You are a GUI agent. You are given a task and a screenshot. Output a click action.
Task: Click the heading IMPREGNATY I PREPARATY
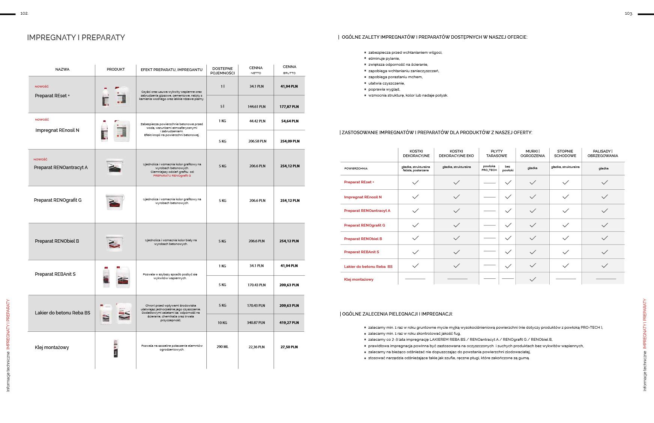click(x=76, y=38)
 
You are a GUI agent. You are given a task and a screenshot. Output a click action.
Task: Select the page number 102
click(x=24, y=14)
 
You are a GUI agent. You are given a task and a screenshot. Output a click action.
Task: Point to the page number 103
click(x=628, y=14)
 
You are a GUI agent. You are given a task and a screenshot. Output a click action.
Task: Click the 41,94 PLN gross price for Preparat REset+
click(x=289, y=86)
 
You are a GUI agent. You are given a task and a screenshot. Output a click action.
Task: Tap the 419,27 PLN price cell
click(x=289, y=323)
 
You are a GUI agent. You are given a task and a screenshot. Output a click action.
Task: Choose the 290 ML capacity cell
click(x=223, y=347)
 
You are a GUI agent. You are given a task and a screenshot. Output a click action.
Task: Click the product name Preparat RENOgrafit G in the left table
click(x=58, y=200)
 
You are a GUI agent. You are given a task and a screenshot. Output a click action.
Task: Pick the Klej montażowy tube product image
click(x=116, y=348)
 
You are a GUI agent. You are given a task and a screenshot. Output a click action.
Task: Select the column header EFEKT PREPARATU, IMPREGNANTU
click(x=171, y=69)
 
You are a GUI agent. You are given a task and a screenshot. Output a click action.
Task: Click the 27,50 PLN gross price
click(x=289, y=347)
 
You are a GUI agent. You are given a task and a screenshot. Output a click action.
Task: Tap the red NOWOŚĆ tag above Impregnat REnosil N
click(x=42, y=119)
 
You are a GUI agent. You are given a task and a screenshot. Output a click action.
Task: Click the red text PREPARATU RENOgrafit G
click(x=172, y=175)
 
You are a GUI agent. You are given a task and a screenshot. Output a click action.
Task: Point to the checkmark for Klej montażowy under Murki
click(x=532, y=279)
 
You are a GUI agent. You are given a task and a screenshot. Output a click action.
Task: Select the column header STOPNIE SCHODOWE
click(x=565, y=153)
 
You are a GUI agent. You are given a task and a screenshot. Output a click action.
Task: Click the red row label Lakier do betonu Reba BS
click(x=368, y=267)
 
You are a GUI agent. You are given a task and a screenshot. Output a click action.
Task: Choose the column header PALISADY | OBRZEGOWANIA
click(x=603, y=153)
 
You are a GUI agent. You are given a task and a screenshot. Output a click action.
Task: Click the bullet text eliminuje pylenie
click(x=384, y=59)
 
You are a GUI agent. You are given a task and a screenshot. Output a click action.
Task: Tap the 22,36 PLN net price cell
click(x=256, y=347)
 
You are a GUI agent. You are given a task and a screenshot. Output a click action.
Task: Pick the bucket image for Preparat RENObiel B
click(x=115, y=243)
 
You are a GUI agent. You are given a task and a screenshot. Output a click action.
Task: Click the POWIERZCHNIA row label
click(x=356, y=169)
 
